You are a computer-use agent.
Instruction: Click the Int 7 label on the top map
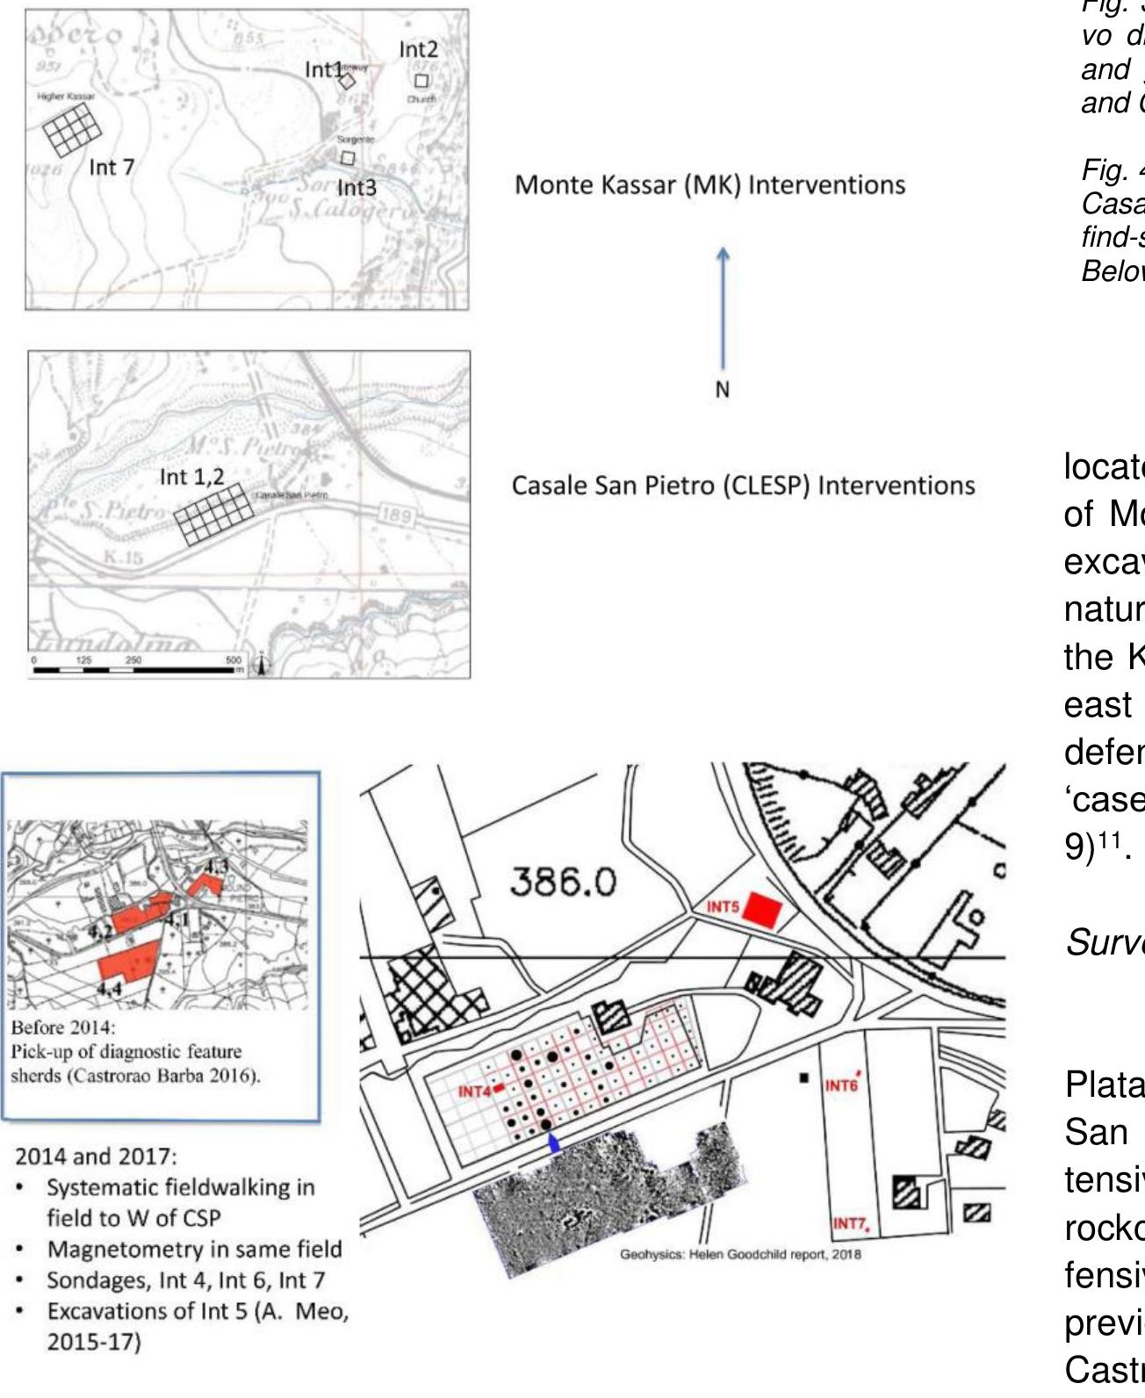click(112, 167)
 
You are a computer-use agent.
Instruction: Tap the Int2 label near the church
click(418, 49)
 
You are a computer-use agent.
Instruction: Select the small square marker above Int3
click(348, 158)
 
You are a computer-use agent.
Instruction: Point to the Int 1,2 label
click(191, 477)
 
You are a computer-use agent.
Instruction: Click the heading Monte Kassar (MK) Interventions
click(709, 185)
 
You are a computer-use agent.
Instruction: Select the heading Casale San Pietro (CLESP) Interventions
click(743, 486)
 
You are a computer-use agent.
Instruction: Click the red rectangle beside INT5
click(760, 910)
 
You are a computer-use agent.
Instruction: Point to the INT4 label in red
click(475, 1092)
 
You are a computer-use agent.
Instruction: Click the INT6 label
click(840, 1085)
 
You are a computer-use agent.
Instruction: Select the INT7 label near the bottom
click(850, 1223)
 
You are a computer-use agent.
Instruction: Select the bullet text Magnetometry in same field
click(194, 1249)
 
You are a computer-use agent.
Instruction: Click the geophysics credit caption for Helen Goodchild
click(740, 1254)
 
